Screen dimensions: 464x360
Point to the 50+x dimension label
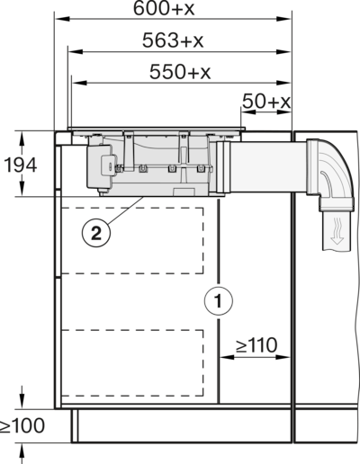point(269,106)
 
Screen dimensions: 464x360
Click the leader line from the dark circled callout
point(121,212)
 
